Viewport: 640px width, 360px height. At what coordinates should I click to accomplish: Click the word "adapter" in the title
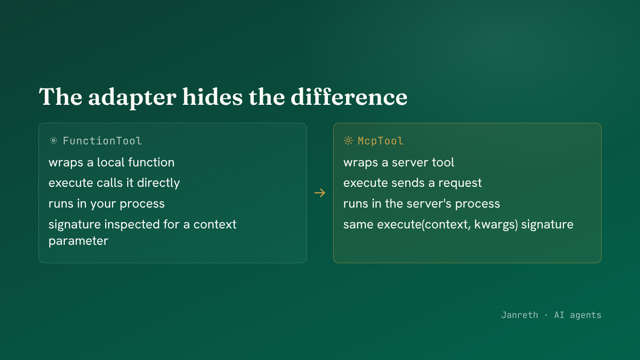132,98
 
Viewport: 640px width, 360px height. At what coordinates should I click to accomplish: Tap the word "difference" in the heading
349,97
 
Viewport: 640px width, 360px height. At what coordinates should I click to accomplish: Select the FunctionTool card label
102,141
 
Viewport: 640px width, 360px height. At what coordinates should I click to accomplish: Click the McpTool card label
380,141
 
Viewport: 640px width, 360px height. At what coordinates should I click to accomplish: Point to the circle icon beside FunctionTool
54,140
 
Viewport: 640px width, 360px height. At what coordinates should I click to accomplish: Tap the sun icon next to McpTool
348,140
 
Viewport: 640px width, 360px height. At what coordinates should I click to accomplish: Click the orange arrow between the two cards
320,193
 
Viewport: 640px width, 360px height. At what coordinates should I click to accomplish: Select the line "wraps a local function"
112,162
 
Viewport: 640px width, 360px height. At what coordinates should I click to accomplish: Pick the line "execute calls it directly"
114,183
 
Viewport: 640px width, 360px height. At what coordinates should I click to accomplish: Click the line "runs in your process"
106,204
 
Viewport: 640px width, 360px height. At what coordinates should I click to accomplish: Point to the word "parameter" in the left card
78,241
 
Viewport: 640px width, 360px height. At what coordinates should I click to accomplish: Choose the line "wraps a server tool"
398,162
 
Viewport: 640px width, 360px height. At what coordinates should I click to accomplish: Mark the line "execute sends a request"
412,183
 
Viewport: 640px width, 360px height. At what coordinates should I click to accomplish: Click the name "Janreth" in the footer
520,315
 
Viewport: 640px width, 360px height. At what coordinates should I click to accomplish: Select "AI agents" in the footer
578,315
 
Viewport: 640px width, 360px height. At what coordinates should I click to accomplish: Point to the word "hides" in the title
212,97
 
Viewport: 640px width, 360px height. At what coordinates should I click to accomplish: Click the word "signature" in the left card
74,224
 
